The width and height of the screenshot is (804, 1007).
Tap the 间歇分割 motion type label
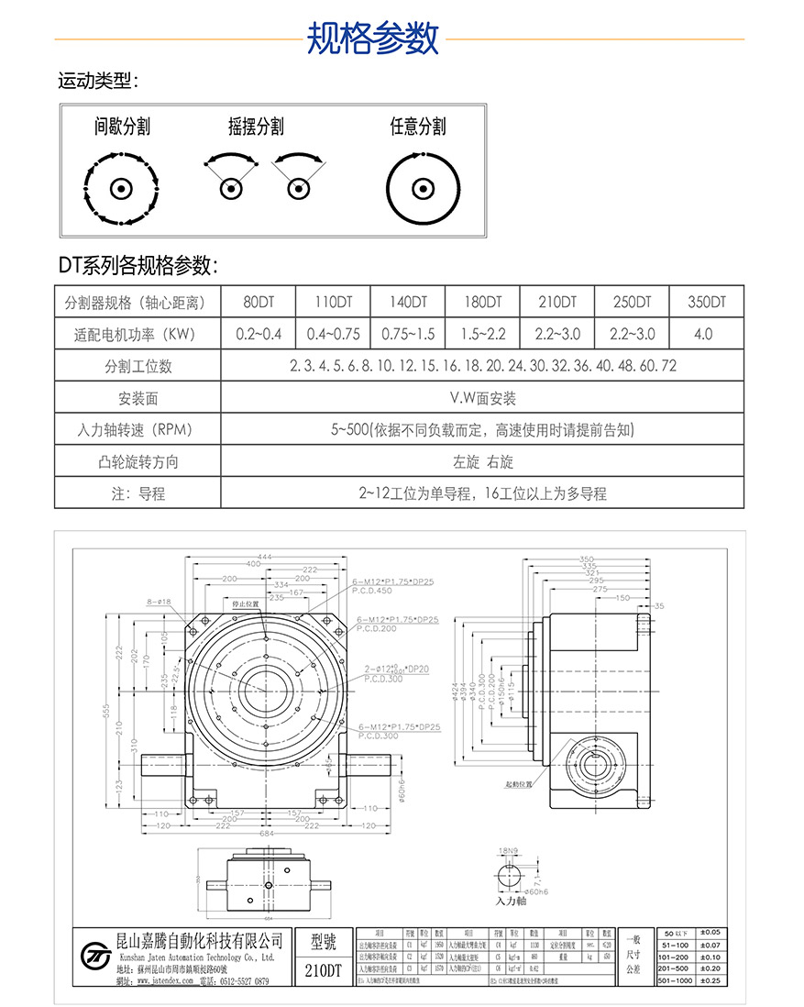tap(122, 127)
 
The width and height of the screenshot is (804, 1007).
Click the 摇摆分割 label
tap(256, 127)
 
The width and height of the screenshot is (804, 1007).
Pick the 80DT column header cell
tap(259, 302)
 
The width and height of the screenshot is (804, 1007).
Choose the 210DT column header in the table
tap(557, 302)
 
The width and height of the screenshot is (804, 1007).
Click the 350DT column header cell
tap(706, 302)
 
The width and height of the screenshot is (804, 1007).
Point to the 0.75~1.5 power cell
tap(408, 334)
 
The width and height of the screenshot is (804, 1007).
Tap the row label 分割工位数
tap(138, 366)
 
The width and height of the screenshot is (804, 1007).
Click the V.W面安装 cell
tap(482, 398)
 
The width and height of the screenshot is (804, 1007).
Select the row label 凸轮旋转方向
tap(138, 461)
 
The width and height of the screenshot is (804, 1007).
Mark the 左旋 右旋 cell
tap(482, 461)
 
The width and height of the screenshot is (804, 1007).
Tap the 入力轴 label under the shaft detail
tap(511, 902)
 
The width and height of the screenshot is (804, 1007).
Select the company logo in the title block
tap(94, 956)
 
